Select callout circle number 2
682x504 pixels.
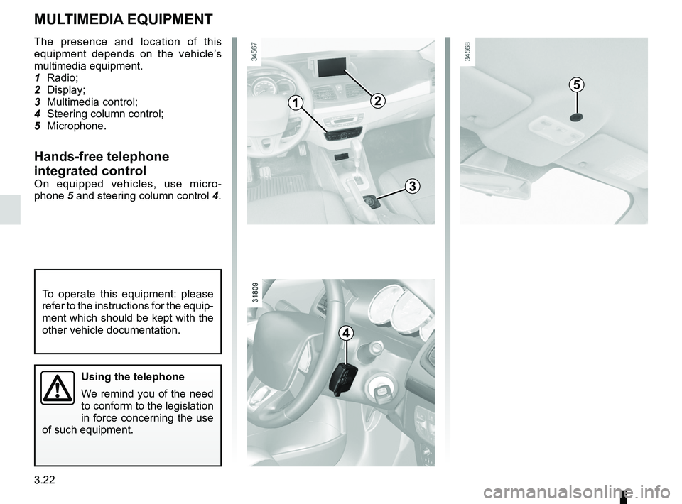[376, 101]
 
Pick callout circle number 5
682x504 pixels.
[577, 85]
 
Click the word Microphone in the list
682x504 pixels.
[76, 126]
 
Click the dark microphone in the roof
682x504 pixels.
[577, 116]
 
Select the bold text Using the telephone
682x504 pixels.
[134, 377]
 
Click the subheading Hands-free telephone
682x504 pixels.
[102, 156]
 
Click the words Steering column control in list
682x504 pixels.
[104, 114]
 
